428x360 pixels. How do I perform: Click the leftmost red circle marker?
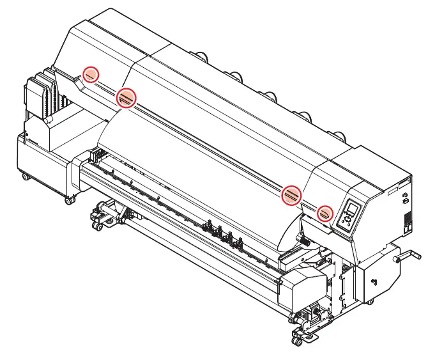click(x=91, y=75)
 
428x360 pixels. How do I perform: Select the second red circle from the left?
click(x=126, y=97)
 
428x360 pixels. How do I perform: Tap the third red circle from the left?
click(x=291, y=193)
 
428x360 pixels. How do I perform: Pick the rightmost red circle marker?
click(x=326, y=212)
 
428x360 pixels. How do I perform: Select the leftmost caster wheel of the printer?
click(x=24, y=176)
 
